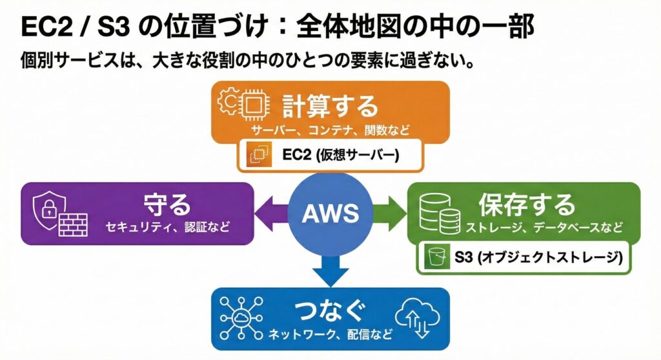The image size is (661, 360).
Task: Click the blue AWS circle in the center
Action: point(330,212)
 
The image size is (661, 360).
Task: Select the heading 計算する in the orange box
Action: point(330,106)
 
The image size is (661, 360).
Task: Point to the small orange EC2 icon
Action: point(259,155)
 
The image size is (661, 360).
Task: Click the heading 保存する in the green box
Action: point(526,205)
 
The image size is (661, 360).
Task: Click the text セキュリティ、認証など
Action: point(167,227)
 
